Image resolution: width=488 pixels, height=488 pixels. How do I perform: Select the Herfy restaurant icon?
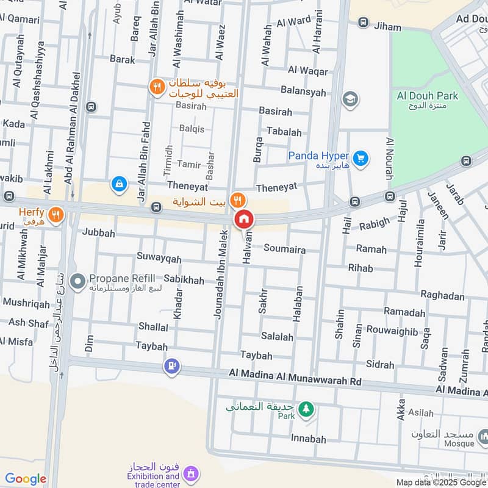click(56, 214)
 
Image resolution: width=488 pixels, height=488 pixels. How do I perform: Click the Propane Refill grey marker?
click(77, 281)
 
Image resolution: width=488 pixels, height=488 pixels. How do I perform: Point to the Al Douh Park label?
click(427, 96)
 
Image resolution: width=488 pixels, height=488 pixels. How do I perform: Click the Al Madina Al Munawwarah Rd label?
click(295, 377)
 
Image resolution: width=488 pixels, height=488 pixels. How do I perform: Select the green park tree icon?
click(306, 407)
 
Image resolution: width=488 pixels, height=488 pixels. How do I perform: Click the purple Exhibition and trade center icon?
click(191, 473)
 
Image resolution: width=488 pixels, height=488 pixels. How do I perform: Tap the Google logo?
click(26, 479)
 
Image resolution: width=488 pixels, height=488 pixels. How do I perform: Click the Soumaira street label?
click(284, 249)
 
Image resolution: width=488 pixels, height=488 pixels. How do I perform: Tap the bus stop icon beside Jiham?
click(364, 23)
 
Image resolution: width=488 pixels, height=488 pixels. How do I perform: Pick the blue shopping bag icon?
click(120, 183)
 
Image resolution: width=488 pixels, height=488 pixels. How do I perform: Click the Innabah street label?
click(308, 439)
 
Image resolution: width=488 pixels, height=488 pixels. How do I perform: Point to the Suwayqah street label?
click(159, 259)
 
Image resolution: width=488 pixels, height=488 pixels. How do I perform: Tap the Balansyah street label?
click(303, 91)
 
